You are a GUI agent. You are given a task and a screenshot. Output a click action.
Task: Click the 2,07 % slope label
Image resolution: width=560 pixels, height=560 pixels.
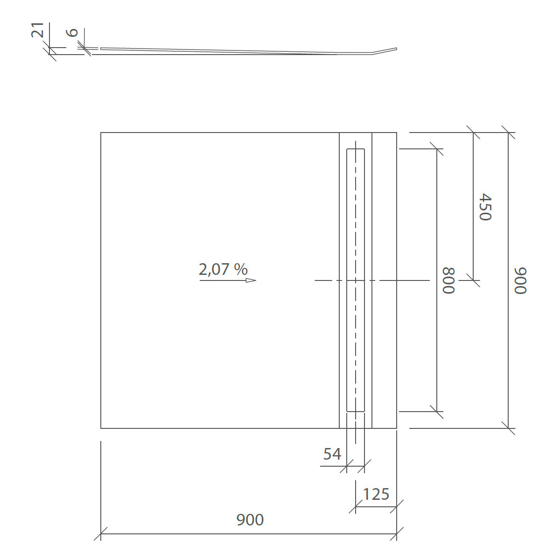[x=223, y=269]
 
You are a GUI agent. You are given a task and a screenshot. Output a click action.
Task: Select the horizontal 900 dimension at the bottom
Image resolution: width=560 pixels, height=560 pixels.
[x=250, y=519]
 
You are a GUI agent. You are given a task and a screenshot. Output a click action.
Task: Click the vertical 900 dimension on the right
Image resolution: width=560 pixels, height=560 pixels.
[x=520, y=280]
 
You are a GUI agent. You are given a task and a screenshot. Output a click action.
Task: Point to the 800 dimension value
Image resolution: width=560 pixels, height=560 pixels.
[x=448, y=280]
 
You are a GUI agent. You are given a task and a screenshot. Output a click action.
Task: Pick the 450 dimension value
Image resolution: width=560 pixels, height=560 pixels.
[x=485, y=207]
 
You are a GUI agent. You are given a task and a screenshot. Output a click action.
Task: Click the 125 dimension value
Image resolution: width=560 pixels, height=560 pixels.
[x=376, y=494]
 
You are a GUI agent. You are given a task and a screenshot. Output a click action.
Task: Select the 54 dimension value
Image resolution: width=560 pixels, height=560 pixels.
[x=332, y=454]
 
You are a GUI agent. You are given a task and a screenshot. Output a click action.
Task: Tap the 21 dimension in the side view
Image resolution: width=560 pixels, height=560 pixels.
[x=38, y=30]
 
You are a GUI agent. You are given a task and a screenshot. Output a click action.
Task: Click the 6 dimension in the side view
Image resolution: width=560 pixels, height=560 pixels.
[x=72, y=32]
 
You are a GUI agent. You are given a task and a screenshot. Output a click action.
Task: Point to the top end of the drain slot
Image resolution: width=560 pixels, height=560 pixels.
[x=356, y=149]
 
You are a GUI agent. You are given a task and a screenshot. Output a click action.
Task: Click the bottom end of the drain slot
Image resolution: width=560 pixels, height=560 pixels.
[x=356, y=412]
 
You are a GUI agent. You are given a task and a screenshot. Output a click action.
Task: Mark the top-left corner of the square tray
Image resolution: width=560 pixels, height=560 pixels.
[x=101, y=133]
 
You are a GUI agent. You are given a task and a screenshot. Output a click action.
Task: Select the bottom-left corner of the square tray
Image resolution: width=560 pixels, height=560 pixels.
[x=101, y=428]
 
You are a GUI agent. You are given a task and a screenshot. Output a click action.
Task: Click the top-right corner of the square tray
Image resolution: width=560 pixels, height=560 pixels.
[x=397, y=133]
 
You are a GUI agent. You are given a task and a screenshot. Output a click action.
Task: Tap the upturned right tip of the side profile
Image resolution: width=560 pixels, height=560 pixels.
[x=396, y=49]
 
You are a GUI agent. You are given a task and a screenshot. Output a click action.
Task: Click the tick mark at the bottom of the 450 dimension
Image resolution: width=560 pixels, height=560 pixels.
[x=473, y=280]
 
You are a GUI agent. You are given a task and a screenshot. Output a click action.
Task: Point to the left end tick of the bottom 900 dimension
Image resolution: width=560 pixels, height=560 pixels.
[x=101, y=533]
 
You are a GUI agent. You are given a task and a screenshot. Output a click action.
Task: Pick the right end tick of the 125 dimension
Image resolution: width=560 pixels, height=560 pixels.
[x=397, y=506]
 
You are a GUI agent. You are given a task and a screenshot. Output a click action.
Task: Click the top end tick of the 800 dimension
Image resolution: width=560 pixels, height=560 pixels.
[x=437, y=149]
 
